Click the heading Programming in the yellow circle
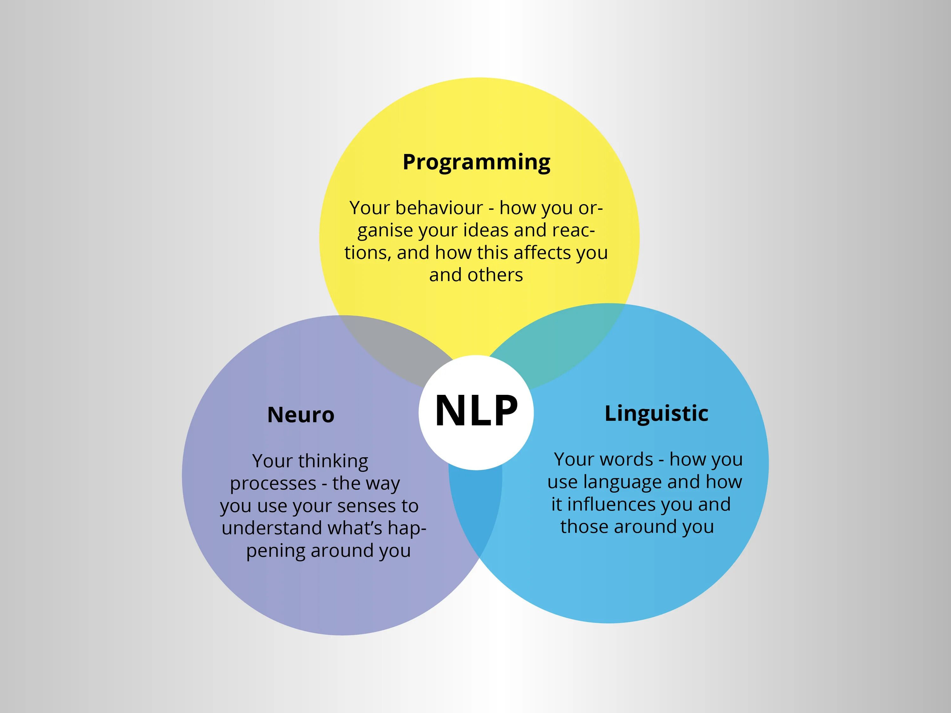tap(476, 163)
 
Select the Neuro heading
tap(301, 415)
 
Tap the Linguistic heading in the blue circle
tap(656, 414)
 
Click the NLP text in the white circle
tap(476, 411)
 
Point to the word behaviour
tap(439, 208)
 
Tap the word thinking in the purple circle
tap(333, 461)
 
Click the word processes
tap(273, 484)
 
